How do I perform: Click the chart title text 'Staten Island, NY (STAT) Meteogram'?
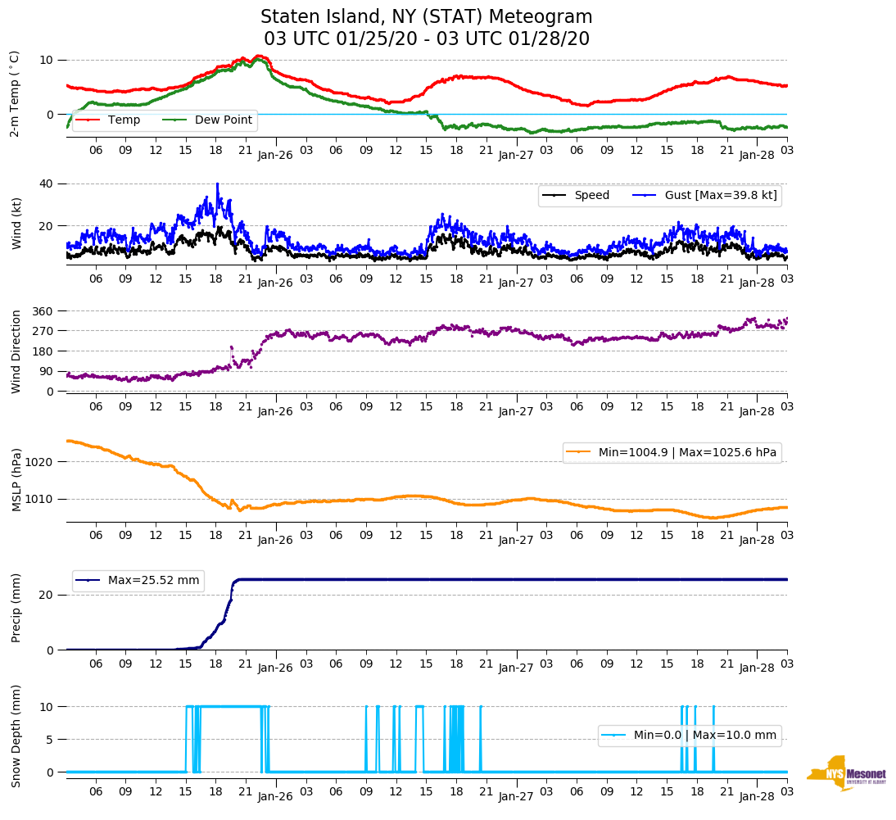pos(426,17)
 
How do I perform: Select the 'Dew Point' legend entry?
pos(224,120)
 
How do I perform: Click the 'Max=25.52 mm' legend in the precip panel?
pos(153,580)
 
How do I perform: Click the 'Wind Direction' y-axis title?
pos(16,351)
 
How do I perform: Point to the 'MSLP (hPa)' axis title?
pos(16,479)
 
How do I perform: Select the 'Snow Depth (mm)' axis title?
pos(16,736)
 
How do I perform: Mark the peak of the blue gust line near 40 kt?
pos(217,184)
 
